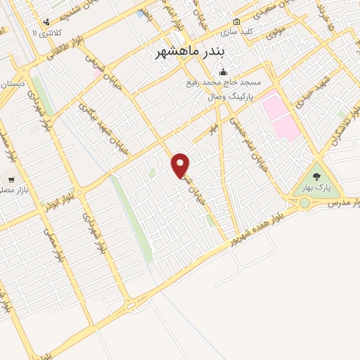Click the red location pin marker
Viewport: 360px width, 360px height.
pyautogui.click(x=181, y=165)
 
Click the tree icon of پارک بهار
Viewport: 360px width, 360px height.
pyautogui.click(x=316, y=177)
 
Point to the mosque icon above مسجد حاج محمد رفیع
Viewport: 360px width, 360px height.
pyautogui.click(x=223, y=72)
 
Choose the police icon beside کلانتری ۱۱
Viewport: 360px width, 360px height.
pyautogui.click(x=46, y=22)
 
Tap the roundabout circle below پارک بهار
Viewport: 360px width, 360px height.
pyautogui.click(x=304, y=203)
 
